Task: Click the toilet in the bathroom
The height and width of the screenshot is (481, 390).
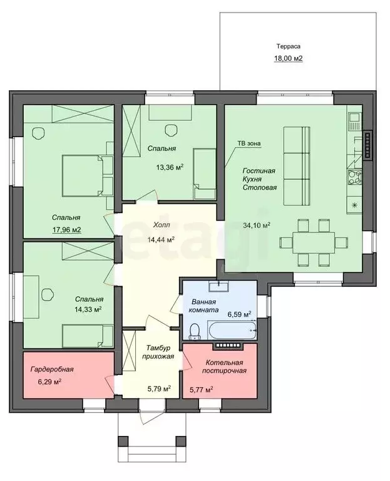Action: (194, 331)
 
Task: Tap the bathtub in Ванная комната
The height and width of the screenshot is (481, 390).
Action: (232, 330)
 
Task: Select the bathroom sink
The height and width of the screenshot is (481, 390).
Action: (218, 286)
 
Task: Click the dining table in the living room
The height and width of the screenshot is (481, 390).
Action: (314, 242)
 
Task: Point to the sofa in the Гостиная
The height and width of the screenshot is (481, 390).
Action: (297, 165)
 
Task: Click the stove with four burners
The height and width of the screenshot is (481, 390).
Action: (354, 177)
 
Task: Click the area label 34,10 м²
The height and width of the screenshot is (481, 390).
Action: (257, 225)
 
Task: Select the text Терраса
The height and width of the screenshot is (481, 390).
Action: (289, 46)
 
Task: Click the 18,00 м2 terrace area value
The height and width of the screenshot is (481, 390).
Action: (288, 58)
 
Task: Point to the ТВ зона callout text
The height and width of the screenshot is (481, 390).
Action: (249, 143)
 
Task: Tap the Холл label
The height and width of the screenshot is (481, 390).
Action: (162, 225)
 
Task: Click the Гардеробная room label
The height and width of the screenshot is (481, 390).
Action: (52, 369)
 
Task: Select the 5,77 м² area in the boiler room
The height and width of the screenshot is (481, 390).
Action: (202, 390)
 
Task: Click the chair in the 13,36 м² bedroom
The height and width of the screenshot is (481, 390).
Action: (171, 130)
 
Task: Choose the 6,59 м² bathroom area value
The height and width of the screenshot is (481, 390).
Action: (239, 314)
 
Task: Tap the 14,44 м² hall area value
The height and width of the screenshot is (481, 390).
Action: (161, 239)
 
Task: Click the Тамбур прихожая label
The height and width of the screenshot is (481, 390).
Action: (160, 352)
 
